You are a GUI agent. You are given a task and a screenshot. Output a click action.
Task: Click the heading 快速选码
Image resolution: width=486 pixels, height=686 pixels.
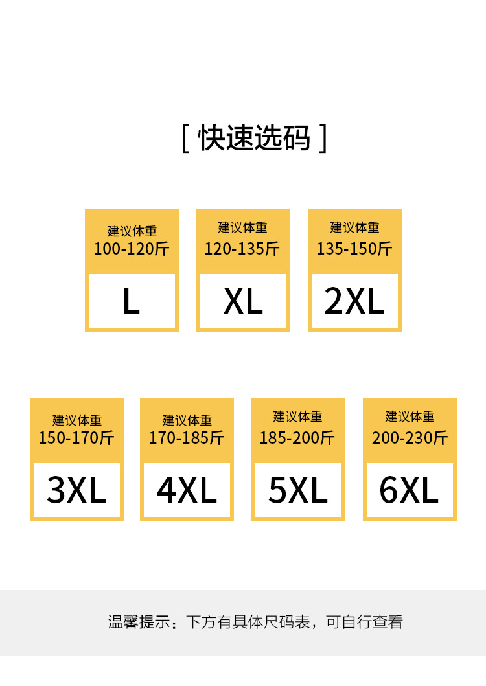coord(254,138)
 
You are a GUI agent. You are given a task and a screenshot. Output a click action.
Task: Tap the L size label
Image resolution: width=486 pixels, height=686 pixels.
coord(131,301)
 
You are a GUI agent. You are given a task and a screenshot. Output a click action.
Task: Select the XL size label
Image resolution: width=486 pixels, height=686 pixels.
coord(243,301)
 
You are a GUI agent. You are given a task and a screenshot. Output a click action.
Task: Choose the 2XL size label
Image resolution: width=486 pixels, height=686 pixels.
coord(354,301)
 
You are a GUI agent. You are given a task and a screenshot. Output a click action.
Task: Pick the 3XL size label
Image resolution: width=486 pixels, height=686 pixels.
coord(76,490)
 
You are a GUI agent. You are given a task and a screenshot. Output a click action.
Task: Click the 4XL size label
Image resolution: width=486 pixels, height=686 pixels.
coord(187,490)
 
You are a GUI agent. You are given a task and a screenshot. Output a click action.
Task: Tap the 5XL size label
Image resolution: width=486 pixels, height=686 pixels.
coord(298,490)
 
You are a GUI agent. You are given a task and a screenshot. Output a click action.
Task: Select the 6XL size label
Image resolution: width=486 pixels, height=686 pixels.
coord(409,490)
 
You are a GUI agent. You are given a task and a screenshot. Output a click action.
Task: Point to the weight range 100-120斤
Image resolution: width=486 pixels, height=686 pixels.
coord(132,249)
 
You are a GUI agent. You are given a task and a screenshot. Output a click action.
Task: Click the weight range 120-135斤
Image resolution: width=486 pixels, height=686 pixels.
coord(242,249)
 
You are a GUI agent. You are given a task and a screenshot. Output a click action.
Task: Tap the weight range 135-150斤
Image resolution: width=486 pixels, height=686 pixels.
coord(354,249)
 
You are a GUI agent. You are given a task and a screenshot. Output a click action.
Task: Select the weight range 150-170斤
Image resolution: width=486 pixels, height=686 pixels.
coord(76,438)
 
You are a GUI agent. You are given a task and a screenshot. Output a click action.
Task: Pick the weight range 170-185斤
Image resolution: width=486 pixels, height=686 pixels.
coord(187,438)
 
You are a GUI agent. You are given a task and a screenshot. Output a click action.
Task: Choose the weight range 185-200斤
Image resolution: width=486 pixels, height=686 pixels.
coord(297,438)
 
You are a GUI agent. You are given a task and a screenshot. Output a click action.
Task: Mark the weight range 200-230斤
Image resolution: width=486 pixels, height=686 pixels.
coord(410,438)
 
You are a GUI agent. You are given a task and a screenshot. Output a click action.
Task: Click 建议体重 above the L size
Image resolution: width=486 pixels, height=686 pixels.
coord(132,231)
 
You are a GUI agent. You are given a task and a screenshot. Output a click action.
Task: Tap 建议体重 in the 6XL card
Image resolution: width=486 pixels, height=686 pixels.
coord(410,417)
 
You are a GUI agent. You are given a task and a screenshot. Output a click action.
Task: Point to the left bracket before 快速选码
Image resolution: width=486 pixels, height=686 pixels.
coord(185,139)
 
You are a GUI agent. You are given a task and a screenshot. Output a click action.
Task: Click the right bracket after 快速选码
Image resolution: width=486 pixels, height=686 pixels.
coord(323,139)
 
